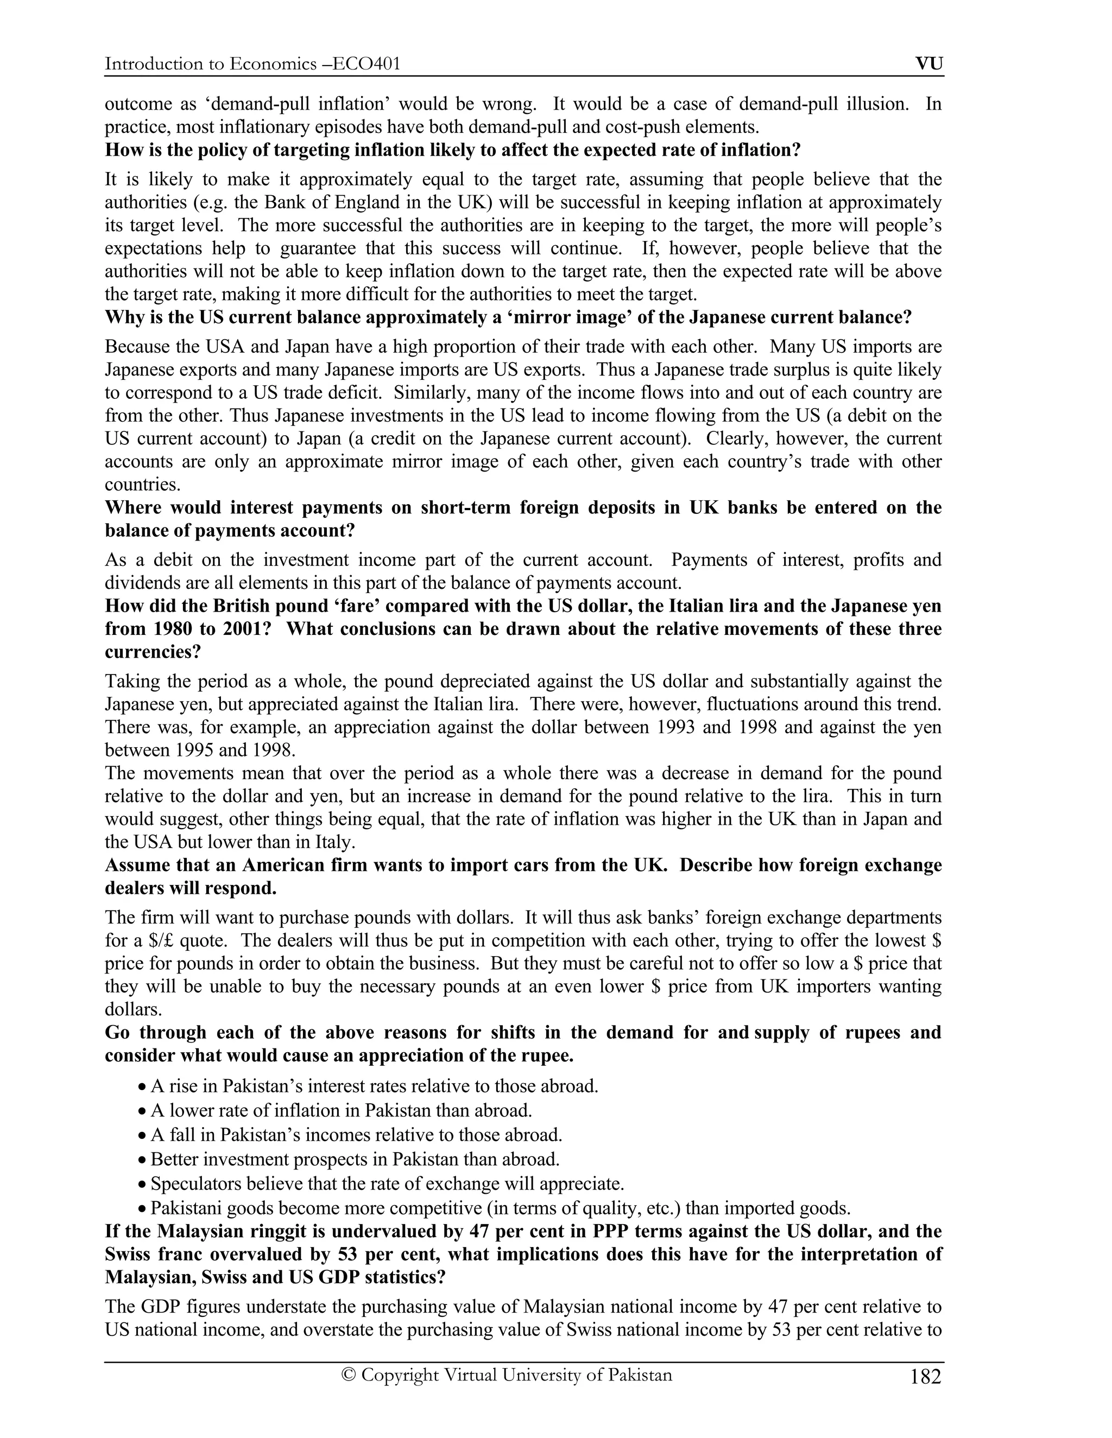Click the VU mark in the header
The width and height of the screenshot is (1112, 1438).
coord(929,64)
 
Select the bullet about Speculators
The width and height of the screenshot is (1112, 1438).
coord(387,1184)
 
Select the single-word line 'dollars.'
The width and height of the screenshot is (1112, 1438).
coord(133,1009)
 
